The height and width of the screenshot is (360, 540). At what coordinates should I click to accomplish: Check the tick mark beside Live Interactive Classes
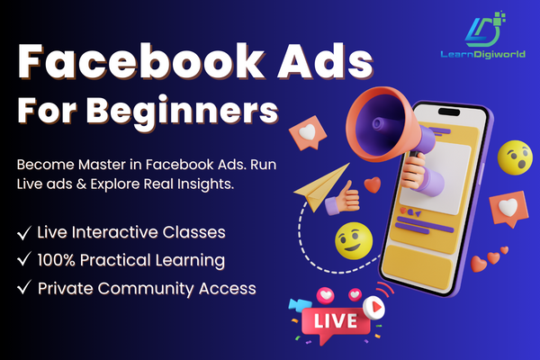(23, 232)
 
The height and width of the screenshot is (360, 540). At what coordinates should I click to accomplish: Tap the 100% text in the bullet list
(59, 260)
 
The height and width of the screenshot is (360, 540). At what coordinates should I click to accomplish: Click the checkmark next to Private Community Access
(23, 289)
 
